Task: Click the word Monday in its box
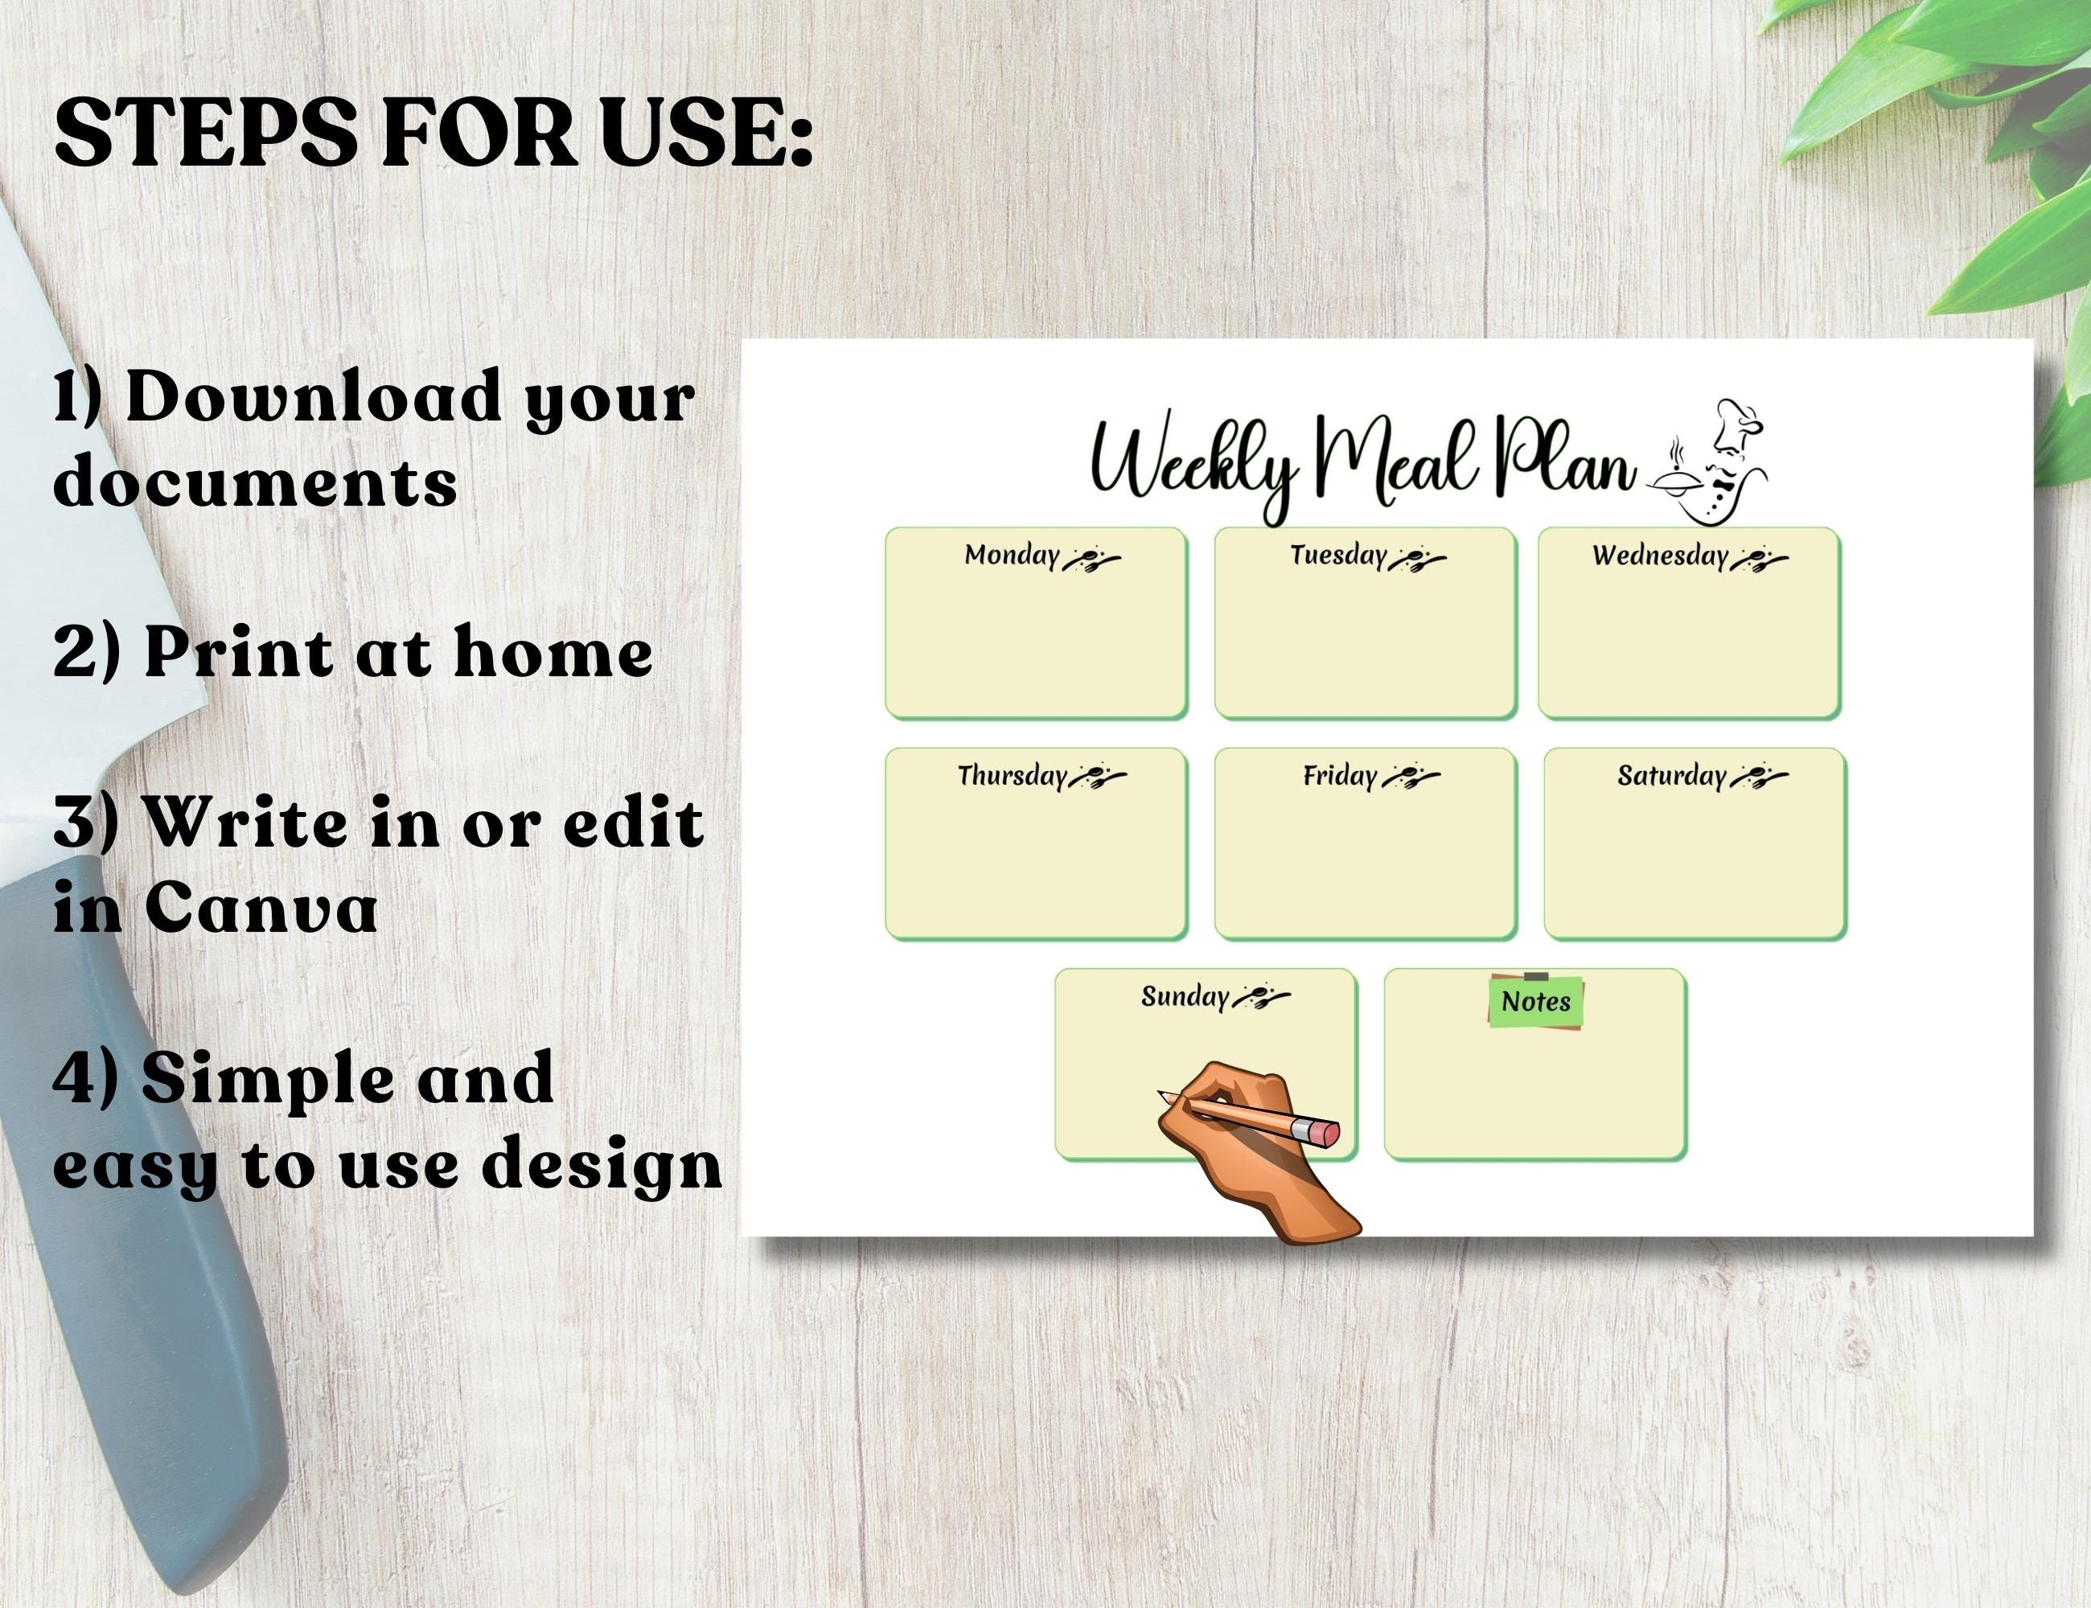(1011, 555)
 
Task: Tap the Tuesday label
(1337, 555)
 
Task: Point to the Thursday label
(1011, 775)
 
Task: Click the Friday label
(1339, 775)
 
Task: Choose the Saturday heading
(1670, 775)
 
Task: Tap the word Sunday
(1185, 996)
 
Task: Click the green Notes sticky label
(1536, 1001)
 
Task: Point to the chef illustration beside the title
(1714, 464)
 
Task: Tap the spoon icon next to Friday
(1411, 776)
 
